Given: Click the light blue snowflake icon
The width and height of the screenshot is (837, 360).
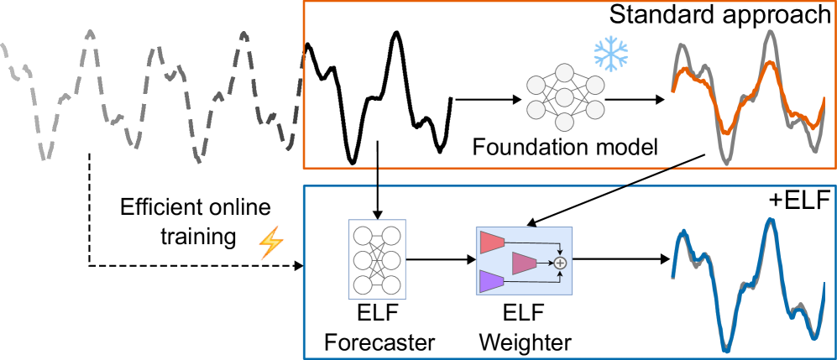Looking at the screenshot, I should click(611, 54).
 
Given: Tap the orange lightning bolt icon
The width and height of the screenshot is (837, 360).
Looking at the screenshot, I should click(270, 243).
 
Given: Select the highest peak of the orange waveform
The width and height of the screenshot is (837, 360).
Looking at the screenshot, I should click(769, 63).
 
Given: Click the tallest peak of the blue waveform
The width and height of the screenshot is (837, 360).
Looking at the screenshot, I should click(769, 220).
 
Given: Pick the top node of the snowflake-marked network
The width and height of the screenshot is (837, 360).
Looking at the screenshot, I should click(564, 73).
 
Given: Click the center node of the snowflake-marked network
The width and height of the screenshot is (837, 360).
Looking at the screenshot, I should click(564, 97).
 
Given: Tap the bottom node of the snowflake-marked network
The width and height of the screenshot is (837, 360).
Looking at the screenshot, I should click(564, 123).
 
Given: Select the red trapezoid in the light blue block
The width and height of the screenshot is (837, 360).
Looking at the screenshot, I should click(491, 243).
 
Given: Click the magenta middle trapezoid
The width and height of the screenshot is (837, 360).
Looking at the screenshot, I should click(524, 263).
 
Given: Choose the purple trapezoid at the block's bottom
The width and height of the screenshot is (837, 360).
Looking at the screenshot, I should click(491, 281).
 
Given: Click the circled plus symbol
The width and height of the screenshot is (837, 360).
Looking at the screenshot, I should click(561, 263).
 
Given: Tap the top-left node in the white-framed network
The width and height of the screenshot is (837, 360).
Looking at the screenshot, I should click(363, 236).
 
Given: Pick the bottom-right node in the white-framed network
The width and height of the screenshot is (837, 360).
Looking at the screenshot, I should click(391, 285).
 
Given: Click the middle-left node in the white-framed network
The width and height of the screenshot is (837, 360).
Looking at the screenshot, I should click(363, 260).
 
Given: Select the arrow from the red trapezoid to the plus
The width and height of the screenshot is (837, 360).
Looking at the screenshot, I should click(533, 243).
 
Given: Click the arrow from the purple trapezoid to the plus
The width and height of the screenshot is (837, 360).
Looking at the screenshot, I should click(533, 282).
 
